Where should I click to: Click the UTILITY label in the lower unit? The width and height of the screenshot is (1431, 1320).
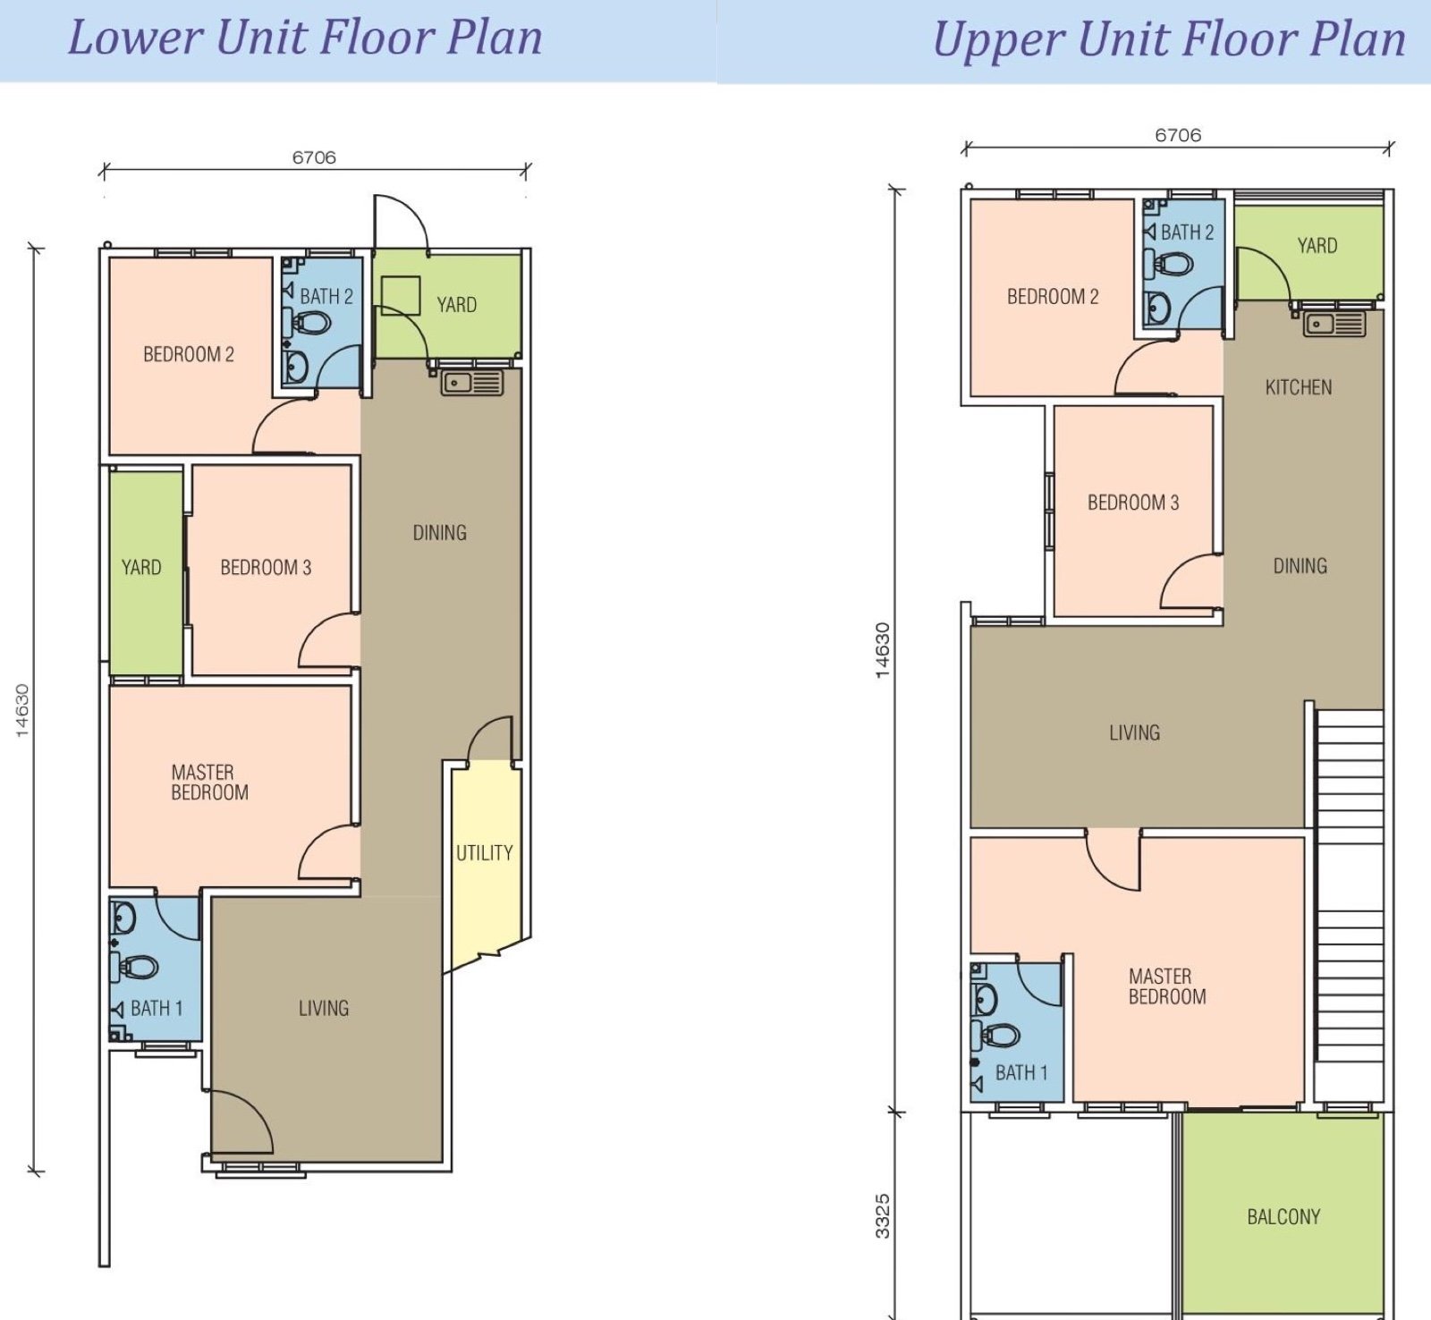485,853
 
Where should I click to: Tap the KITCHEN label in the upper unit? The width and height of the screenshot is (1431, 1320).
1299,387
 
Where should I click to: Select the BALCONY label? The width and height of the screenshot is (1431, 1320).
1283,1216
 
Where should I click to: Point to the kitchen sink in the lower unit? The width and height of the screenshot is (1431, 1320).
471,384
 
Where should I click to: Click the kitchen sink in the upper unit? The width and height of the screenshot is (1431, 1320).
1334,324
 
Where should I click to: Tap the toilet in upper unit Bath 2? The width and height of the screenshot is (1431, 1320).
1168,265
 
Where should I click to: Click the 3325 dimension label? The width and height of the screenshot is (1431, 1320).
883,1216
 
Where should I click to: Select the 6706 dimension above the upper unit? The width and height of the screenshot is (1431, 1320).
1178,135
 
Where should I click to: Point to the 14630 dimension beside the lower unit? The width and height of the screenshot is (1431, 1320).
22,711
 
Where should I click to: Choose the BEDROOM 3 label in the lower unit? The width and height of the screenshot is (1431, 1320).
266,567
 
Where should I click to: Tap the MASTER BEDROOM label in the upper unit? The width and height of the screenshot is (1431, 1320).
1166,986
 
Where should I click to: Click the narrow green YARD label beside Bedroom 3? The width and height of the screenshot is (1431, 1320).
141,567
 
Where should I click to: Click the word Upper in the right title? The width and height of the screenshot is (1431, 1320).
998,41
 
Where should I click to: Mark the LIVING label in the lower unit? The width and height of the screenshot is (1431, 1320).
324,1009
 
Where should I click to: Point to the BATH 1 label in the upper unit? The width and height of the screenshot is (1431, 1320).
1021,1072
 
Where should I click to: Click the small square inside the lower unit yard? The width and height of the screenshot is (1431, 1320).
401,295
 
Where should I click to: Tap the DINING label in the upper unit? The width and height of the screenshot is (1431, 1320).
1300,566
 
